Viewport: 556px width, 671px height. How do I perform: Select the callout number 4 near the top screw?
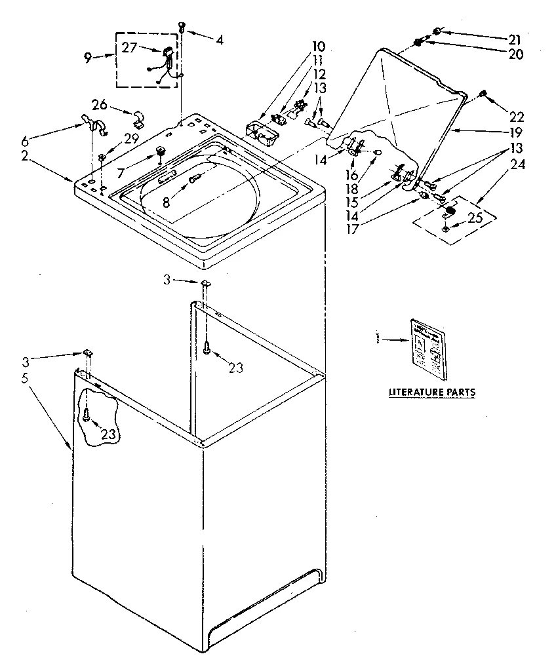(x=219, y=40)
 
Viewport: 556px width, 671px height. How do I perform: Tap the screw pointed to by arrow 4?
(x=182, y=26)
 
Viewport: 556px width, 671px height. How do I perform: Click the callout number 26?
(x=99, y=104)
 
